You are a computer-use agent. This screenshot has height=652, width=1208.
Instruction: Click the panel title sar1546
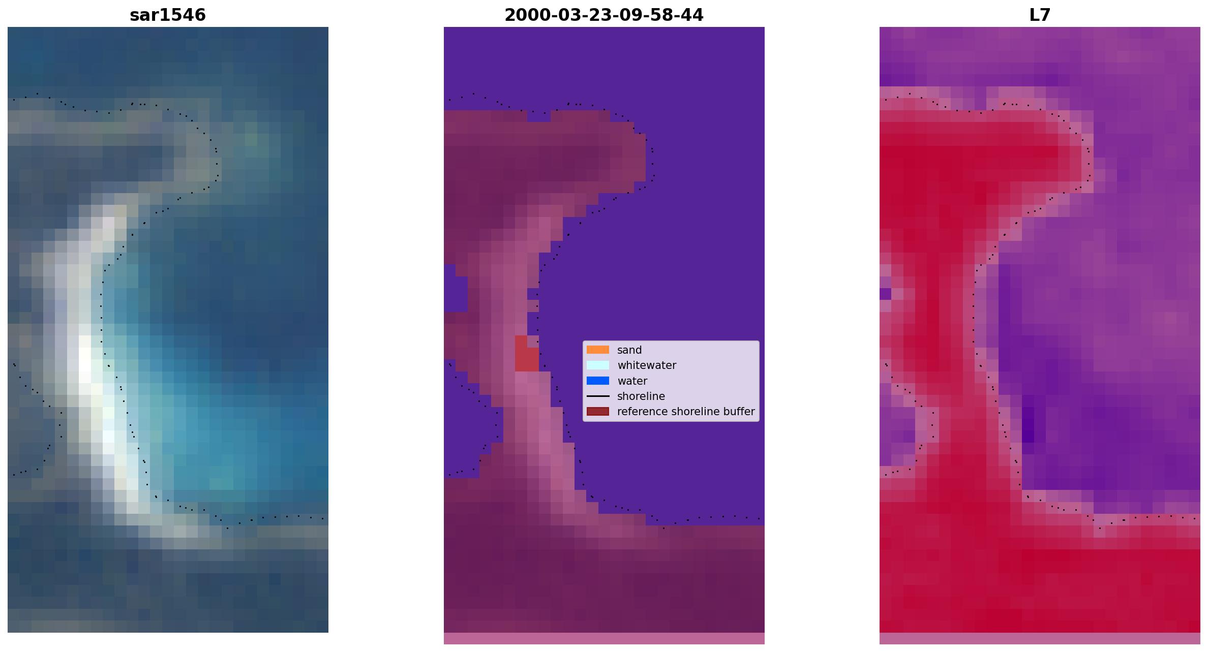[x=168, y=15]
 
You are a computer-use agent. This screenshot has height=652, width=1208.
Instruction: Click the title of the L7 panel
[x=1040, y=15]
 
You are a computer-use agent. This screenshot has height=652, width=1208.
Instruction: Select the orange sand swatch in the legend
[x=598, y=350]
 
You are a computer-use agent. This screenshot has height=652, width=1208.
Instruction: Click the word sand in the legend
[x=629, y=350]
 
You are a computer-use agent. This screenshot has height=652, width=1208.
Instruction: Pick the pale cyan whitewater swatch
[x=598, y=365]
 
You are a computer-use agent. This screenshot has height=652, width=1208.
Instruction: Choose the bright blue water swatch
[x=598, y=381]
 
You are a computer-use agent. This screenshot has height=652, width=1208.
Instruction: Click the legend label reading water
[x=632, y=381]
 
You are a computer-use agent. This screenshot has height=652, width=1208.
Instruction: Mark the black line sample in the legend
[x=598, y=396]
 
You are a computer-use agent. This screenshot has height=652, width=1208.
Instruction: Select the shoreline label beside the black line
[x=641, y=396]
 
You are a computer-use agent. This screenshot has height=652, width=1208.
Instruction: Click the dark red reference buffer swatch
[x=598, y=411]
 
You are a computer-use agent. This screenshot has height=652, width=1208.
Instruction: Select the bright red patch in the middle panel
[x=527, y=354]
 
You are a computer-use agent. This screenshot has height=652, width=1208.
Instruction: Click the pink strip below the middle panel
[x=604, y=638]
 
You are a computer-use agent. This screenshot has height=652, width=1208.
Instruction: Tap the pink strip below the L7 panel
[x=1040, y=638]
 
